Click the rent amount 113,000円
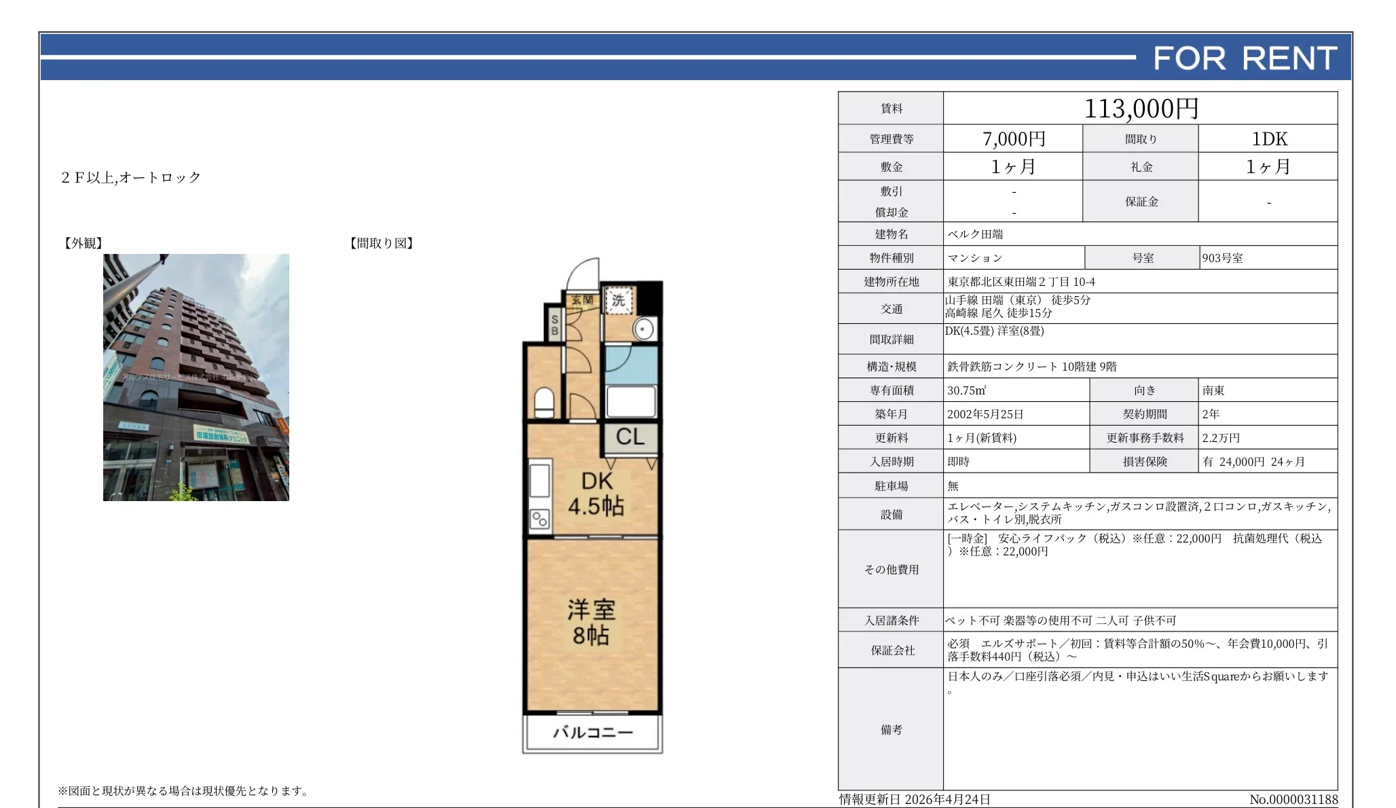pos(1141,109)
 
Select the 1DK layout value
pos(1268,139)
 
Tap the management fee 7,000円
pos(1013,139)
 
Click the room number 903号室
pos(1222,258)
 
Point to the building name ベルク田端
pos(975,234)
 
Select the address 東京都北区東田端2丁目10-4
pos(1021,282)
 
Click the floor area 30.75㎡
pos(966,390)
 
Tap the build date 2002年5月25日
pos(985,414)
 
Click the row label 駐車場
pos(891,486)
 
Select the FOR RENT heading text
pos(1245,58)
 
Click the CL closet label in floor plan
pos(630,437)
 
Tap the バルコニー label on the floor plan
pos(592,733)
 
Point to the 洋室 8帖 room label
pos(591,622)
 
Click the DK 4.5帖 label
pos(596,494)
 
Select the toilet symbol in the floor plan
pos(544,402)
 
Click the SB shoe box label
pos(554,325)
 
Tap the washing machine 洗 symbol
pos(618,300)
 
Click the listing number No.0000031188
pos(1293,800)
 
